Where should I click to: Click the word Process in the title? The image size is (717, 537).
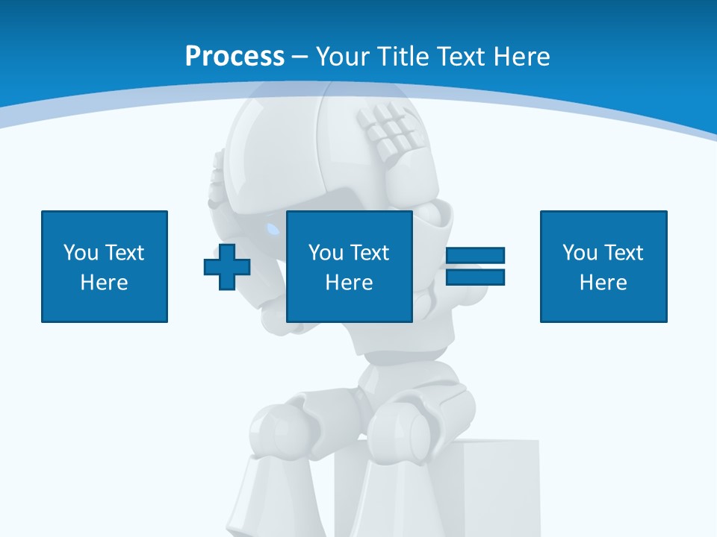click(x=235, y=57)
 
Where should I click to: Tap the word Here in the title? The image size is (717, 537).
click(x=520, y=57)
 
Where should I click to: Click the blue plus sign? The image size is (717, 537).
click(x=227, y=266)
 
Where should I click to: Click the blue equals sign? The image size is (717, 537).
click(x=475, y=266)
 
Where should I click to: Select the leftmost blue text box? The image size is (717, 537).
click(x=105, y=266)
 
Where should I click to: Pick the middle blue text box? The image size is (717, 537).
click(x=349, y=266)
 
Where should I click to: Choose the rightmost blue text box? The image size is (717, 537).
click(x=603, y=266)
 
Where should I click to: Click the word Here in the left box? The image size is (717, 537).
click(x=105, y=283)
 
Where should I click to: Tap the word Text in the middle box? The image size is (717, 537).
click(x=369, y=253)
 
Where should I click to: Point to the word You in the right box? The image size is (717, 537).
click(x=580, y=253)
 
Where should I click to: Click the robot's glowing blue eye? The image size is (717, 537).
click(x=273, y=227)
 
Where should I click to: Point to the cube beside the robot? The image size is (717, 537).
click(x=500, y=485)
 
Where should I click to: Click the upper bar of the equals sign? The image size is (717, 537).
click(x=475, y=256)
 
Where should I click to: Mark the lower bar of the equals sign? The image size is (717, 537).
click(x=475, y=277)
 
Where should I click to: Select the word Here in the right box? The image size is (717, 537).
click(x=603, y=283)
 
